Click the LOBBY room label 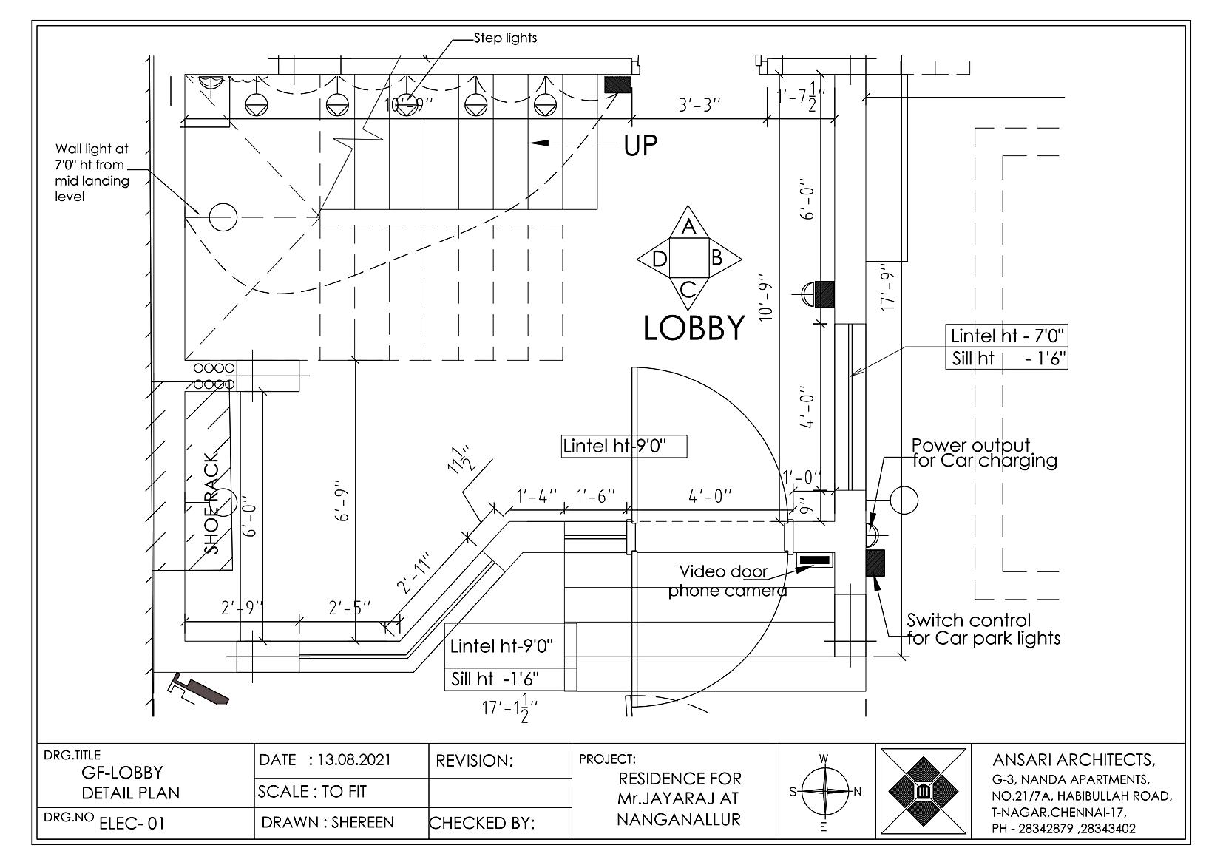[x=694, y=328]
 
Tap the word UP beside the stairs [x=640, y=146]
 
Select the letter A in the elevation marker [x=688, y=228]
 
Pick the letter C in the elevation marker [x=688, y=289]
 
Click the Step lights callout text [x=505, y=38]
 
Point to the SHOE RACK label [x=212, y=503]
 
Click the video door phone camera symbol [x=814, y=560]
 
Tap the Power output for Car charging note [x=983, y=453]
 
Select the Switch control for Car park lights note [x=983, y=629]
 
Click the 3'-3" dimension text [x=699, y=105]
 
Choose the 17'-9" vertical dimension [x=889, y=287]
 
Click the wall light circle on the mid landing [x=222, y=217]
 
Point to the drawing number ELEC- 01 [x=131, y=823]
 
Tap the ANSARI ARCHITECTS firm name [x=1072, y=760]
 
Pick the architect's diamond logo [x=924, y=792]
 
